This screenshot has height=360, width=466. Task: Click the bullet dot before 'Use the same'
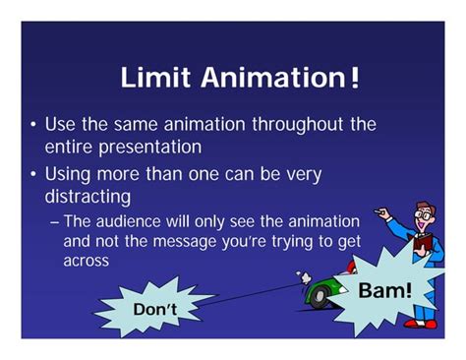(33, 126)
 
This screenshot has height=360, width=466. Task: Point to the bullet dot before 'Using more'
(33, 175)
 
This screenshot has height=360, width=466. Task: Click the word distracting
(88, 196)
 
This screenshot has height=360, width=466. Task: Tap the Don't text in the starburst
(155, 308)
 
